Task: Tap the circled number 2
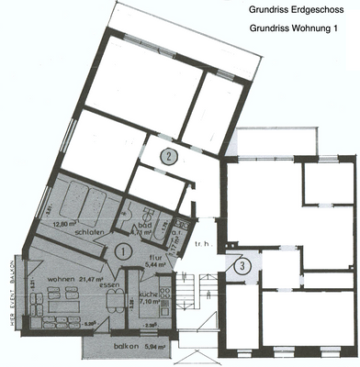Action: tap(169, 156)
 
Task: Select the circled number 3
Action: tap(241, 267)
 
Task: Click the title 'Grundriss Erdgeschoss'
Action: tap(295, 11)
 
